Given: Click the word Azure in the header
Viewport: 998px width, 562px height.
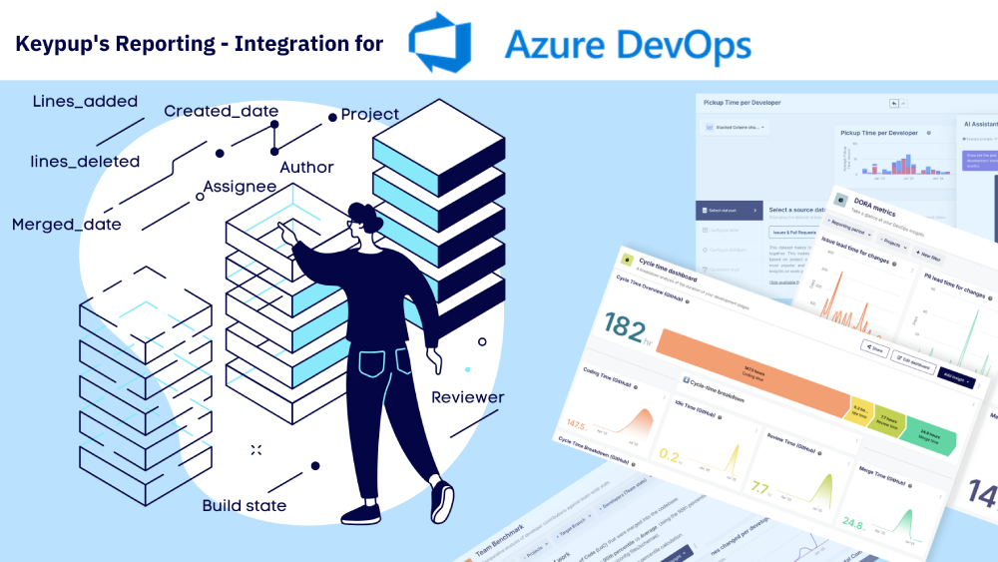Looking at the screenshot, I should point(554,44).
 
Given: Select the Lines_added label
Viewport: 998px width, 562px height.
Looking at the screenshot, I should point(85,102).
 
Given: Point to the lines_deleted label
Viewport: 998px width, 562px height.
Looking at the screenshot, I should point(85,161).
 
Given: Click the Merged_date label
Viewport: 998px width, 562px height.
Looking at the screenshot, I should point(67,225).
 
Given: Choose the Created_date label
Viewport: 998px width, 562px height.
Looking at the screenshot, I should point(221,111).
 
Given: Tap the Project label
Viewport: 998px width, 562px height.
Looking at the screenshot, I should point(370,115).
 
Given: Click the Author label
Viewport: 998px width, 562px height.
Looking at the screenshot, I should point(306,167).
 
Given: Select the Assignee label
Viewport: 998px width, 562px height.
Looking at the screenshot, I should point(240,187).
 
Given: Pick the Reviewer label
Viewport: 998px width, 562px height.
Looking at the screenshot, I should point(468,397).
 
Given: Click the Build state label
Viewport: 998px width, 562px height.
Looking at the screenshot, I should point(245,506).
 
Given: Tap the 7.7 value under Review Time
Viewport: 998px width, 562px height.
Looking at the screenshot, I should point(759,488).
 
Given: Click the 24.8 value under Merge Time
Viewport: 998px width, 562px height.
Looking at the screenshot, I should point(851,523).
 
